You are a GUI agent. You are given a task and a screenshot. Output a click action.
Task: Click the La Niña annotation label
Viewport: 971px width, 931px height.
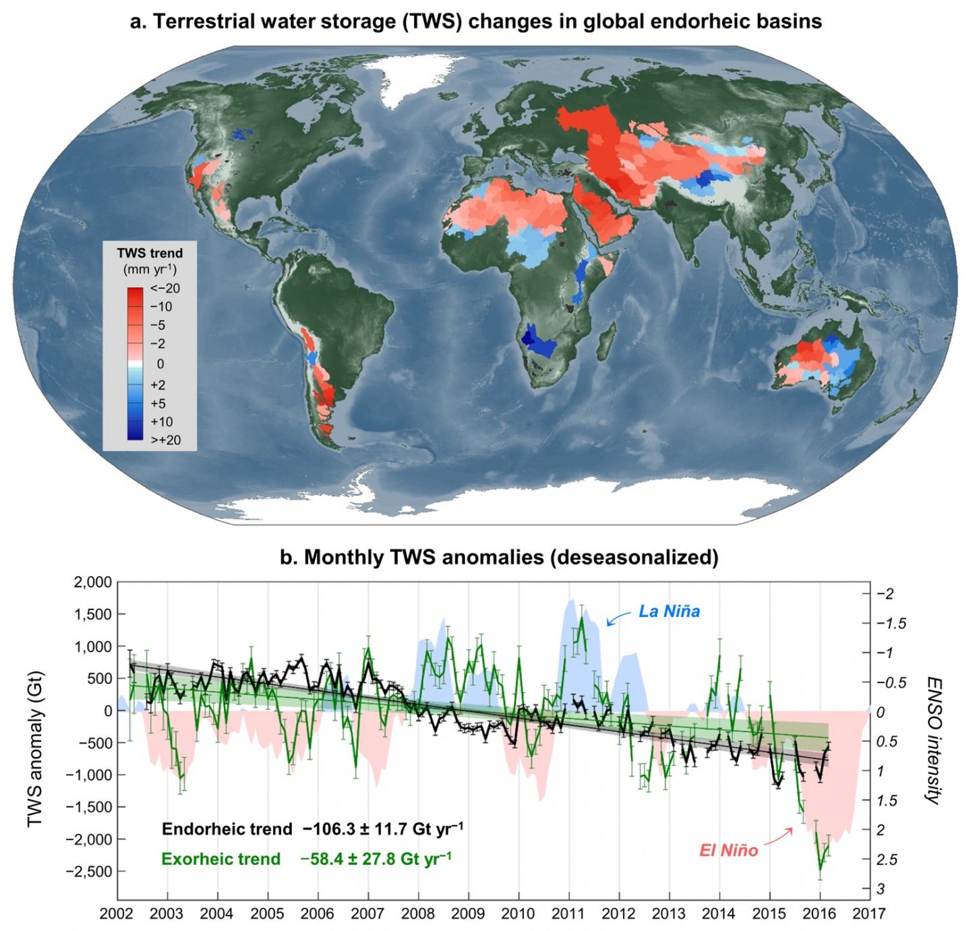(x=669, y=612)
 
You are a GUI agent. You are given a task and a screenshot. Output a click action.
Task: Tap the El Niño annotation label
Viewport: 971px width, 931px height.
(x=728, y=851)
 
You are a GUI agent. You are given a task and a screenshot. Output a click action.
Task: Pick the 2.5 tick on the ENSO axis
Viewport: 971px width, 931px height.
(x=889, y=860)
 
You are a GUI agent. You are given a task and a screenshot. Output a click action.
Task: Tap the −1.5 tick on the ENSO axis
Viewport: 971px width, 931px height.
(x=891, y=623)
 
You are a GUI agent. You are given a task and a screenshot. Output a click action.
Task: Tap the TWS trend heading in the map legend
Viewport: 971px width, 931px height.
(x=150, y=253)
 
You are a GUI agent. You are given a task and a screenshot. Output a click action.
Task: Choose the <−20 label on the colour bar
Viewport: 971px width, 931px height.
(x=166, y=289)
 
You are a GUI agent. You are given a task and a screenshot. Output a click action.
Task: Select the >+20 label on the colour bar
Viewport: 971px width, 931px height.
(x=165, y=440)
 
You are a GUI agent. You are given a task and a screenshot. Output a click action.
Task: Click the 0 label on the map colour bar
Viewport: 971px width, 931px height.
(x=160, y=364)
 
